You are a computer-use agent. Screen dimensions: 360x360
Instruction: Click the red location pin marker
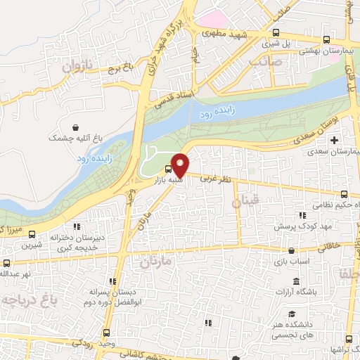coord(180,165)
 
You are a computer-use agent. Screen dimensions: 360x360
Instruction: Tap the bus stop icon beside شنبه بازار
coord(168,169)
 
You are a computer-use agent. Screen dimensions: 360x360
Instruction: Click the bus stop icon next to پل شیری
coord(276,32)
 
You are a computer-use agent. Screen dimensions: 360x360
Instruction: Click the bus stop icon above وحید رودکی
coord(106,333)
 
